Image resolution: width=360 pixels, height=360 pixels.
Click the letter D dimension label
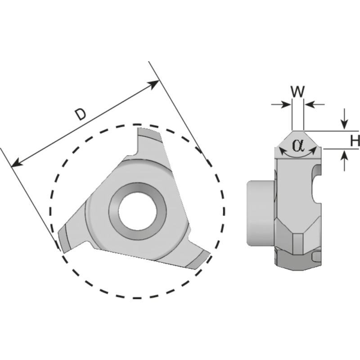click(x=80, y=115)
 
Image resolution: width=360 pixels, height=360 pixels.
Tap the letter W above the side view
click(x=297, y=91)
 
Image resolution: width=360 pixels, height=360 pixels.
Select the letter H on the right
click(x=355, y=141)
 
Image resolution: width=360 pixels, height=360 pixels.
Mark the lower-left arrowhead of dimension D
click(x=16, y=163)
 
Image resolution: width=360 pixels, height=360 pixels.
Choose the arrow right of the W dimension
click(x=310, y=104)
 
